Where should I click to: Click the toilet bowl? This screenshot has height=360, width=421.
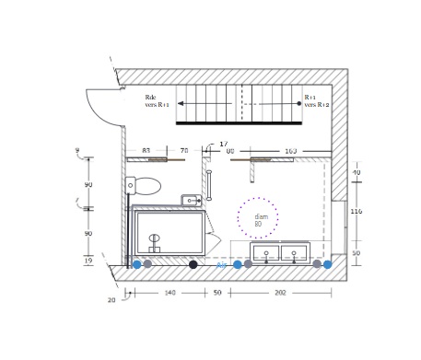[x=146, y=186]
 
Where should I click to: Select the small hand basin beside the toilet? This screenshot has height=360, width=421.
[x=191, y=200]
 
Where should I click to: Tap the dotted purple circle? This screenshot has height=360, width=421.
[x=258, y=218]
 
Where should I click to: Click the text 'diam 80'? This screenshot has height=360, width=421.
[x=261, y=220]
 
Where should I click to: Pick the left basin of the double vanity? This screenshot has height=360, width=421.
[x=266, y=252]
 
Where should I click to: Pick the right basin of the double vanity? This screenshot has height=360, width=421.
[x=295, y=252]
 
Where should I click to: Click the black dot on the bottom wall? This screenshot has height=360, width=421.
[x=193, y=265]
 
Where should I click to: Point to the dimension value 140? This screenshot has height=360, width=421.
[x=170, y=293]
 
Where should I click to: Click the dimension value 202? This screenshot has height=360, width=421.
[x=280, y=293]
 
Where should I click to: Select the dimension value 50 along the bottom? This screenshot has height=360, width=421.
[x=217, y=293]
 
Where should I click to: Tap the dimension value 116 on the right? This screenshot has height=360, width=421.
[x=357, y=212]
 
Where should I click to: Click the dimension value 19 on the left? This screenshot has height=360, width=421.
[x=88, y=261]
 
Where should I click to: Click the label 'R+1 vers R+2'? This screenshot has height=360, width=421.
[x=316, y=101]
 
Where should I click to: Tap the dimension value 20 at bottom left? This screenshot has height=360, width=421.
[x=111, y=300]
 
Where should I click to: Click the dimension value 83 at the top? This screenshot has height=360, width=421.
[x=146, y=150]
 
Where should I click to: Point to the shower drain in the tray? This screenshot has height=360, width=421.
[x=154, y=238]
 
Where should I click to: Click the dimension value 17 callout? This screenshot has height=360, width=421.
[x=223, y=144]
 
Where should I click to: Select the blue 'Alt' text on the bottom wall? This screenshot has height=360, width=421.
[x=221, y=265]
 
